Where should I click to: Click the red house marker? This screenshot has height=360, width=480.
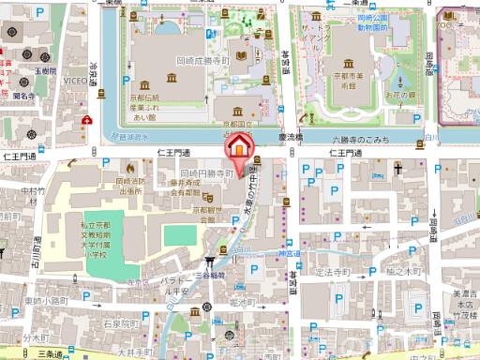(239, 148)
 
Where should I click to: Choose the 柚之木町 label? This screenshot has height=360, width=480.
(386, 271)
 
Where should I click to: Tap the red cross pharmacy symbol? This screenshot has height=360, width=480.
(86, 120)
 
